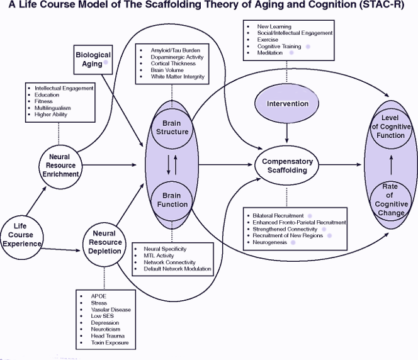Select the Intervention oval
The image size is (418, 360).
[x=287, y=103]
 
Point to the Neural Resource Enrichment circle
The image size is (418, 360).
[x=62, y=165]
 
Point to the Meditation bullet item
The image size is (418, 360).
[x=271, y=53]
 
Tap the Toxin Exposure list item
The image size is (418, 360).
[x=105, y=342]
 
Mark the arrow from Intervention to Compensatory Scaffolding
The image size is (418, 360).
[x=287, y=132]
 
